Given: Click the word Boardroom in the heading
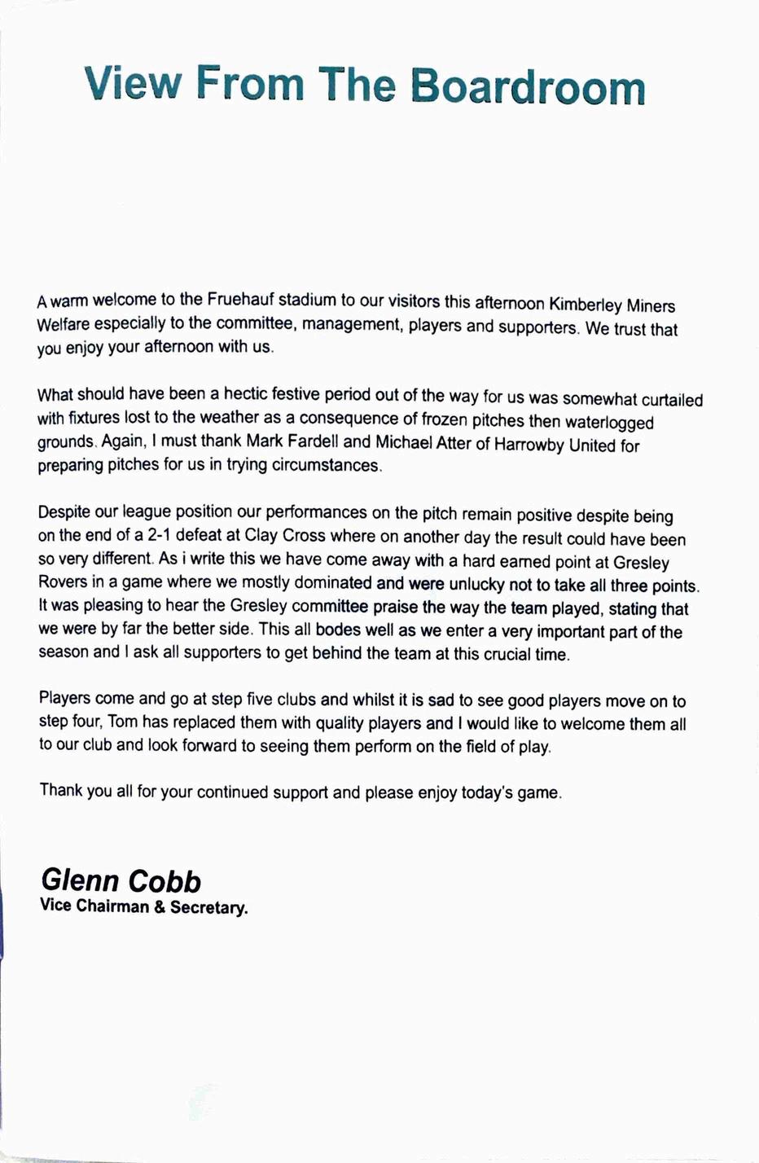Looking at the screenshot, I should coord(527,86).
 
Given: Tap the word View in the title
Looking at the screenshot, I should coord(132,83).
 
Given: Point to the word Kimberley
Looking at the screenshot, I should coord(585,305).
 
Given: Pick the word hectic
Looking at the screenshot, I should coord(256,394).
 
